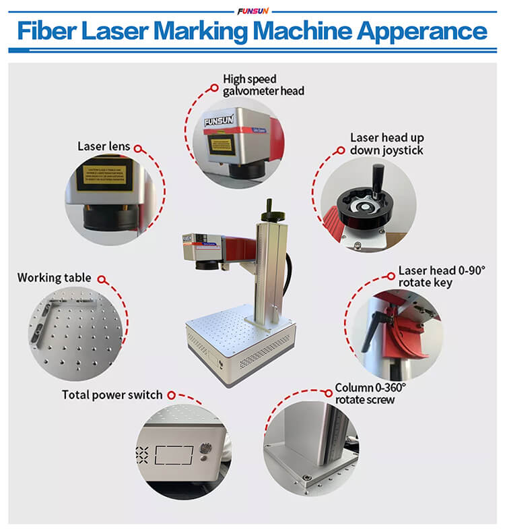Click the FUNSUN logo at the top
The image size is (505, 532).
point(252,10)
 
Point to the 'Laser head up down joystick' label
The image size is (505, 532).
point(386,144)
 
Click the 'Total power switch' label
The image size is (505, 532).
point(112,394)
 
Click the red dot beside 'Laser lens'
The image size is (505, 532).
point(137,147)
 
